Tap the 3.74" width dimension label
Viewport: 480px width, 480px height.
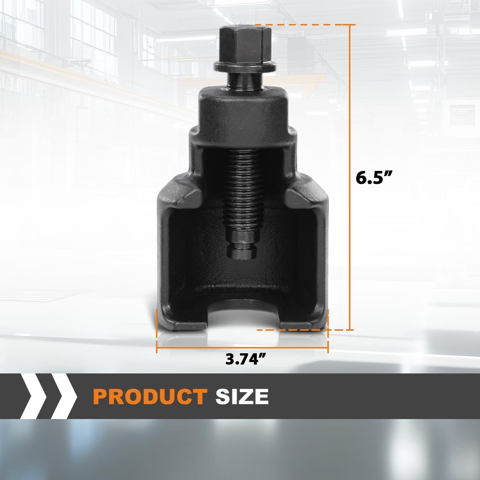pos(245,359)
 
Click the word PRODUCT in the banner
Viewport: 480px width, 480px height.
pos(150,396)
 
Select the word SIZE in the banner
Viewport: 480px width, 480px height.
pos(242,396)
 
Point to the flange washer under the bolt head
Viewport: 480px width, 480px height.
pos(245,67)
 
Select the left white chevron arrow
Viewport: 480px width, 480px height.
pos(34,396)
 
